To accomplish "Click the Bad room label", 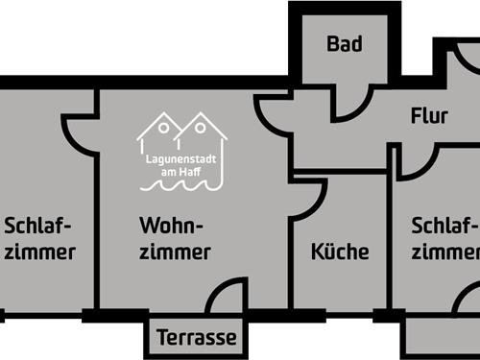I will pyautogui.click(x=344, y=44).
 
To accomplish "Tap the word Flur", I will pyautogui.click(x=429, y=116).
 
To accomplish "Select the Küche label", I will pyautogui.click(x=340, y=252).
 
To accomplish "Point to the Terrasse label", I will pyautogui.click(x=197, y=338).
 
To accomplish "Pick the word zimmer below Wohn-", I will pyautogui.click(x=175, y=252).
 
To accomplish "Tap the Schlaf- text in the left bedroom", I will pyautogui.click(x=38, y=227).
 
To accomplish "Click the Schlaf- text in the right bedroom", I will pyautogui.click(x=444, y=227).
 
